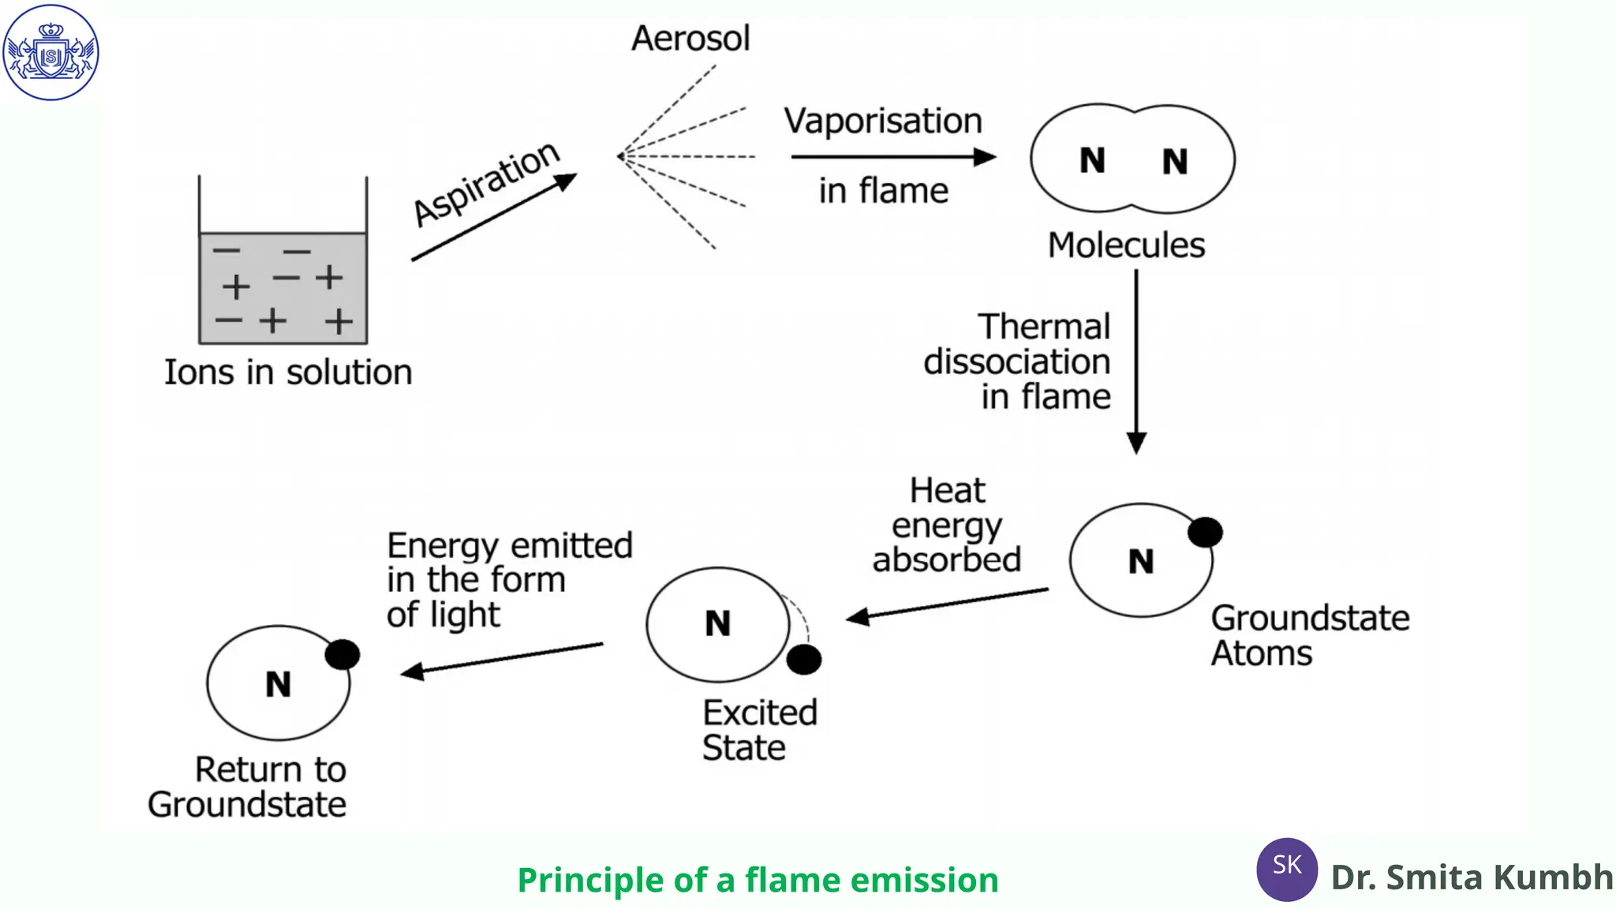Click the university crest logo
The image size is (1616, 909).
50,52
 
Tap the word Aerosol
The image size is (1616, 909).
690,38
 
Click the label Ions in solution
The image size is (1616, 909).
288,372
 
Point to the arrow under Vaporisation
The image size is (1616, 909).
892,157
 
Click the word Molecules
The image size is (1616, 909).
1126,245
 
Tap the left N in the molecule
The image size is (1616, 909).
1092,161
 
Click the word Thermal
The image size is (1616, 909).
1044,327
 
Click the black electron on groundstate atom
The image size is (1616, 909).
1205,532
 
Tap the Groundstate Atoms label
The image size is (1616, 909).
1309,635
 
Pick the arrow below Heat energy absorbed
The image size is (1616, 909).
947,604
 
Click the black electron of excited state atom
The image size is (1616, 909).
804,660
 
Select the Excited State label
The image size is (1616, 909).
759,730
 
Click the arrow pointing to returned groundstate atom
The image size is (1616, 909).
502,659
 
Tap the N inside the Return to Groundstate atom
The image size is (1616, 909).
278,684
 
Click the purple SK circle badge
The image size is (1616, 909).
1286,869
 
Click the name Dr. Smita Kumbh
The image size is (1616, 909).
1471,877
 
